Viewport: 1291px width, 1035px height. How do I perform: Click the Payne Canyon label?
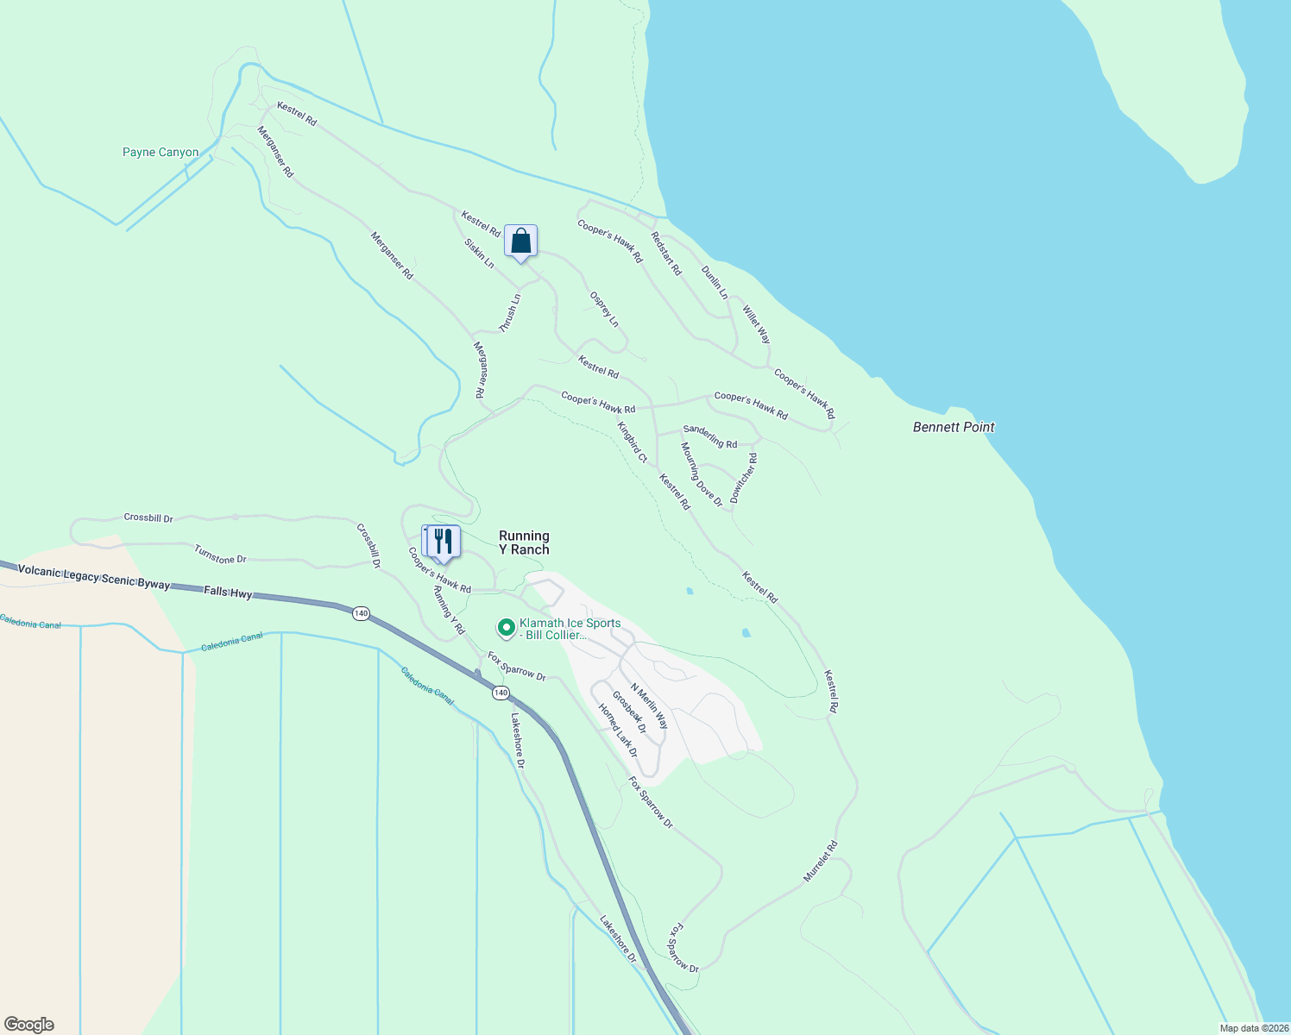click(161, 153)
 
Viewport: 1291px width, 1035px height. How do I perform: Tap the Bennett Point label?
click(954, 427)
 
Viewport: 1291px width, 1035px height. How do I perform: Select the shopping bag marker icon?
click(520, 241)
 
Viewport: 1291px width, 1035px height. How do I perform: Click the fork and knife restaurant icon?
click(443, 541)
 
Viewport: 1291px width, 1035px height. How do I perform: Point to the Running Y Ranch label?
click(524, 543)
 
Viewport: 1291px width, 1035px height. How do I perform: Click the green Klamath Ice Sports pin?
click(507, 627)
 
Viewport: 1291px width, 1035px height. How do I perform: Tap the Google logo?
click(29, 1025)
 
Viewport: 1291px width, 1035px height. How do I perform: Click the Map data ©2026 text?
click(1253, 1028)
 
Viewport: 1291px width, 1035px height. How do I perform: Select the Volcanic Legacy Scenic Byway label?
click(94, 577)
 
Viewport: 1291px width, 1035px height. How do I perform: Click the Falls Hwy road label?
click(228, 593)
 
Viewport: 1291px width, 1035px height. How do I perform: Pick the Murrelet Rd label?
click(821, 861)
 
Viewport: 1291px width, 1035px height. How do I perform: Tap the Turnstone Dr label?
click(220, 555)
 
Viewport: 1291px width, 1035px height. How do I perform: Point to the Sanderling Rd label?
click(710, 436)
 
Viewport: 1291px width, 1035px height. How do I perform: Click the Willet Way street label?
click(756, 324)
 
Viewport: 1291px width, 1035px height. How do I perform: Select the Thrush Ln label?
click(510, 313)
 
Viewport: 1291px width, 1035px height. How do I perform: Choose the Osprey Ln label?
click(604, 309)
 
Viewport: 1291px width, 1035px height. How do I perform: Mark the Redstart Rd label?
click(666, 254)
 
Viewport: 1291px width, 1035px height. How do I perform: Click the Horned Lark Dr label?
click(618, 730)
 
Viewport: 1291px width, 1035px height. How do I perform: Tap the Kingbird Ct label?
click(632, 442)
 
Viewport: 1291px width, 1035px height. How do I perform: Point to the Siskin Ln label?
click(479, 253)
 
